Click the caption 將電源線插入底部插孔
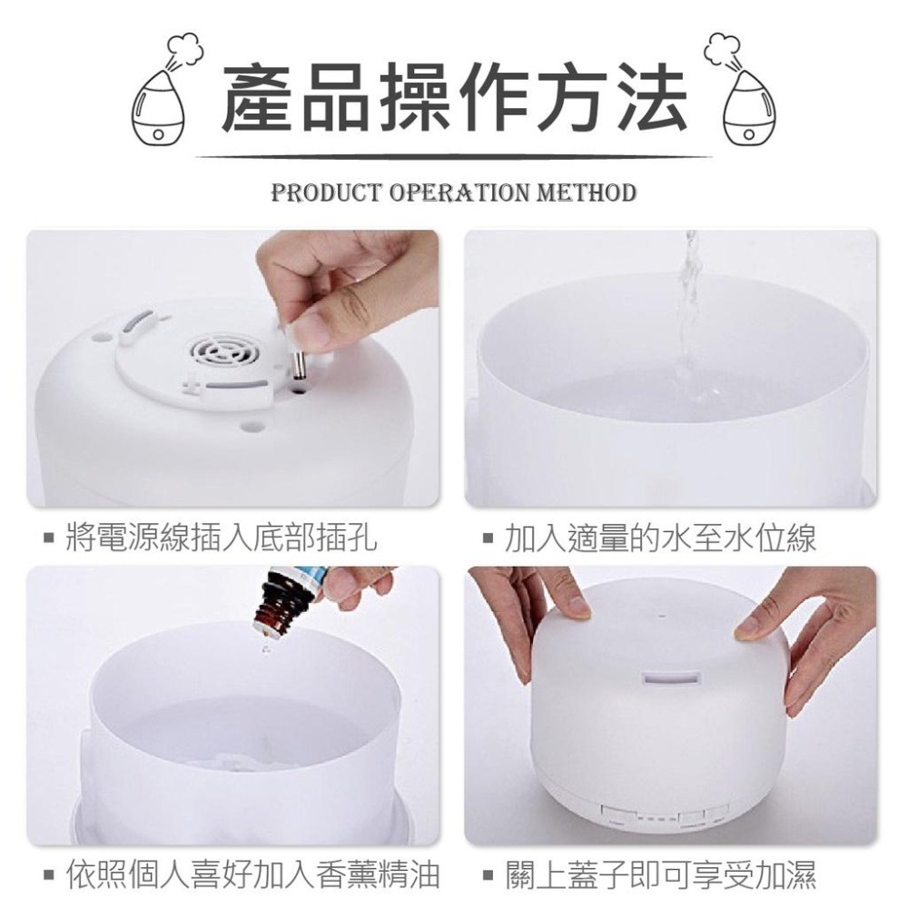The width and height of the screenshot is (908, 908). point(222,538)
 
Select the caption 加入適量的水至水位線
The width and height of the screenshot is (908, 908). point(660,538)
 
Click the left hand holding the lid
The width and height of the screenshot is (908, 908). point(536,617)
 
